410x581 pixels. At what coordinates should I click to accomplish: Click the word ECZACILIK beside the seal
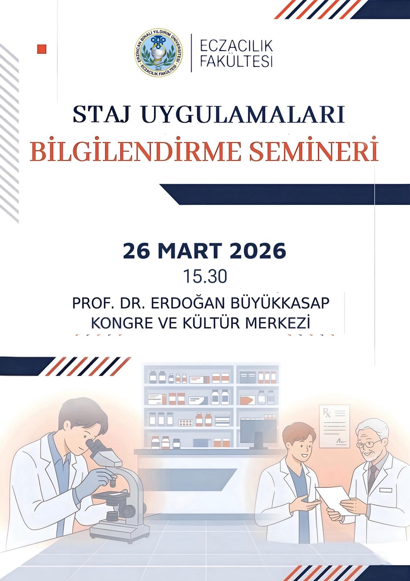pyautogui.click(x=236, y=46)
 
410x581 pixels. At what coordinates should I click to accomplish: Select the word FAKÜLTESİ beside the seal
pyautogui.click(x=236, y=61)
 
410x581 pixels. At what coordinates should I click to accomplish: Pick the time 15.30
pyautogui.click(x=205, y=276)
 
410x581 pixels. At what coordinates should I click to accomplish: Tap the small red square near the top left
pyautogui.click(x=42, y=49)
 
